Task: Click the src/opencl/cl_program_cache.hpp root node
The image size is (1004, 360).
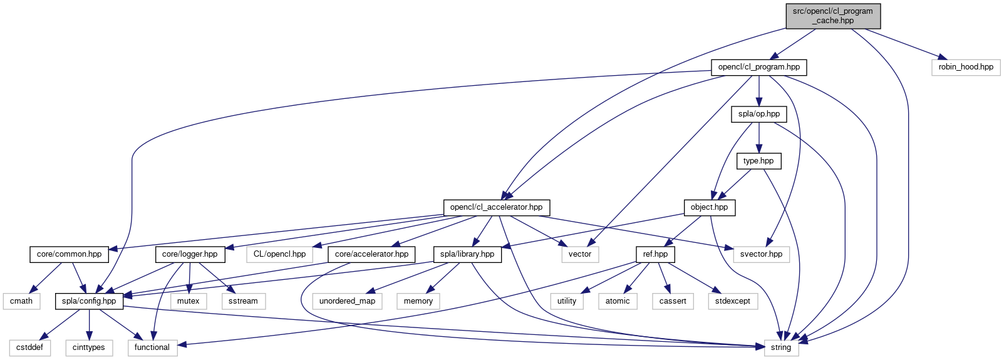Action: pyautogui.click(x=833, y=16)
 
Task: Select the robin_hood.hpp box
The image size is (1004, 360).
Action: pyautogui.click(x=965, y=67)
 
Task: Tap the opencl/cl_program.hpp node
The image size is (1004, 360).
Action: pyautogui.click(x=758, y=67)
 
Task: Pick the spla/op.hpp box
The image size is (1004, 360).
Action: pyautogui.click(x=758, y=114)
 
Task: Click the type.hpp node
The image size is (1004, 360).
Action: pyautogui.click(x=758, y=161)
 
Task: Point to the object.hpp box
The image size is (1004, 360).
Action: pyautogui.click(x=709, y=207)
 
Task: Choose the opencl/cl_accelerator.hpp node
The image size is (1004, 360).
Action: pyautogui.click(x=496, y=207)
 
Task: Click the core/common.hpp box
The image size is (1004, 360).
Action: pyautogui.click(x=69, y=254)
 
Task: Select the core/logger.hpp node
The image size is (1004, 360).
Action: pyautogui.click(x=190, y=254)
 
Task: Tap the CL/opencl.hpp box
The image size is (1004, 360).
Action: pyautogui.click(x=279, y=254)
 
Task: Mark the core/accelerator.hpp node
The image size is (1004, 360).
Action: pyautogui.click(x=371, y=254)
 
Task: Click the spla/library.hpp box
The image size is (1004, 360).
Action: pyautogui.click(x=467, y=254)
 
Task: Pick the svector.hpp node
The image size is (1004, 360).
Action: pyautogui.click(x=761, y=254)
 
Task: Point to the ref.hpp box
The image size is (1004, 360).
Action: pyautogui.click(x=655, y=254)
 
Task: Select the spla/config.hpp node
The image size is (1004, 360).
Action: pyautogui.click(x=89, y=301)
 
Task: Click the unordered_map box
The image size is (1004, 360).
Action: pyautogui.click(x=347, y=301)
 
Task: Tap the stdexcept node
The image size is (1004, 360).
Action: pyautogui.click(x=732, y=301)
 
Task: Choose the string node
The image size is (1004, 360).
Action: pyautogui.click(x=781, y=347)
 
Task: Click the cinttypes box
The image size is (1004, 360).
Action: pyautogui.click(x=89, y=347)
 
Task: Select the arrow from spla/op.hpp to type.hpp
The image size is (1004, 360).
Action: pyautogui.click(x=758, y=138)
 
